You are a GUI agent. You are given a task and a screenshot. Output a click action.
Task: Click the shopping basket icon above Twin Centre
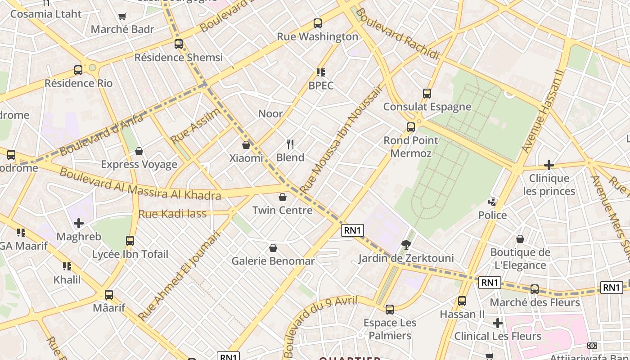tap(283, 197)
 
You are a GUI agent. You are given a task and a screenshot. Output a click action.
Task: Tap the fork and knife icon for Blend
tap(290, 144)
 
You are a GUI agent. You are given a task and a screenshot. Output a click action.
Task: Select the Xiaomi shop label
tap(246, 158)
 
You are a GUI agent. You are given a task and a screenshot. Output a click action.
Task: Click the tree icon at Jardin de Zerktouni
tap(406, 245)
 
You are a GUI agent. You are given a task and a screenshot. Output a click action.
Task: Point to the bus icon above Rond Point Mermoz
tap(411, 127)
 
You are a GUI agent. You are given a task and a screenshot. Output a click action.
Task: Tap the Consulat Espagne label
tap(427, 107)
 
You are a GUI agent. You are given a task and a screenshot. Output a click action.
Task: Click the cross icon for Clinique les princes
tap(549, 165)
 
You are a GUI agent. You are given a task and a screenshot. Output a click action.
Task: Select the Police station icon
tap(493, 202)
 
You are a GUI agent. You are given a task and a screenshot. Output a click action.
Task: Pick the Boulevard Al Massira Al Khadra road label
tap(140, 184)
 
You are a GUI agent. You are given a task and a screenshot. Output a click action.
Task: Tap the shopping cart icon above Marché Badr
tap(122, 17)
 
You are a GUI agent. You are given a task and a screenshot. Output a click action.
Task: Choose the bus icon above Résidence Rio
tap(78, 70)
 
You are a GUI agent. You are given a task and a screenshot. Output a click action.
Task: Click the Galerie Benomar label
tap(273, 261)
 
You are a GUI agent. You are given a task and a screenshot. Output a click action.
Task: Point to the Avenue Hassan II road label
tap(542, 111)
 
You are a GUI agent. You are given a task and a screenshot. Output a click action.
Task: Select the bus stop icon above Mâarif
tap(109, 295)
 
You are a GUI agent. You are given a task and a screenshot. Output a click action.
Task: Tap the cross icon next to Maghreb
tap(79, 223)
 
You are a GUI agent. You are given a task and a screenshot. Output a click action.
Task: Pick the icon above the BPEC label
tap(321, 72)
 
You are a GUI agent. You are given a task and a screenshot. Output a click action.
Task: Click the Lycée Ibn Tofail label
tap(130, 254)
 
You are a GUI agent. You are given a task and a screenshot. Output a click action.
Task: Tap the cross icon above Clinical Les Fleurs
tap(498, 323)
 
